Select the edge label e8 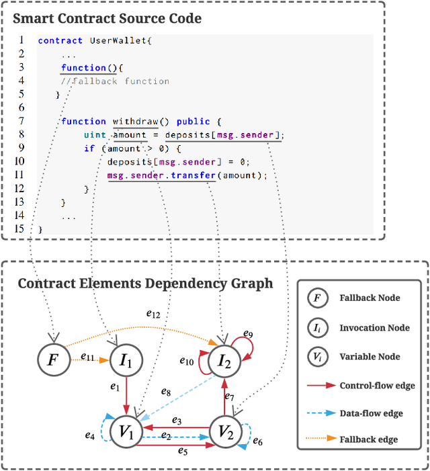[166, 392]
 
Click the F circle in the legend [316, 298]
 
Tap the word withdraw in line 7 [135, 121]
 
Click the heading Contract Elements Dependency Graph [146, 283]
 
